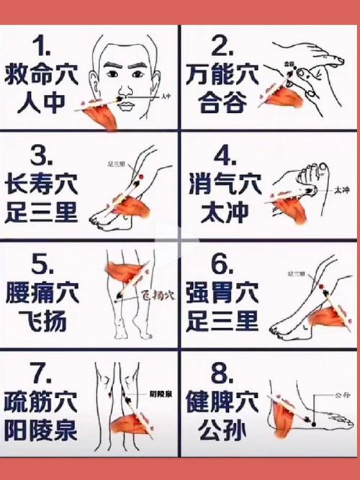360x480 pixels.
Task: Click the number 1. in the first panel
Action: click(x=45, y=47)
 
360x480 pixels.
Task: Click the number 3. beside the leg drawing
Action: click(x=45, y=156)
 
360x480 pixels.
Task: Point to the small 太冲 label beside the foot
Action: click(x=341, y=191)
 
